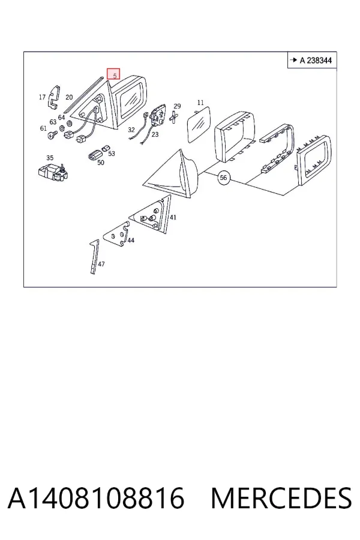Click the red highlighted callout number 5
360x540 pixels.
(x=113, y=74)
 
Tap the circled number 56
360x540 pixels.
(x=223, y=178)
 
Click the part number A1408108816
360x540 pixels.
(x=96, y=498)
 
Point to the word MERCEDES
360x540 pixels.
(x=281, y=498)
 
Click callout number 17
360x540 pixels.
(x=42, y=97)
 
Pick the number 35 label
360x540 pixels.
(x=50, y=158)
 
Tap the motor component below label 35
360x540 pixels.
(x=52, y=173)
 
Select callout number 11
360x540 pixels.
(x=200, y=103)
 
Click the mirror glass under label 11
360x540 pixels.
(x=198, y=124)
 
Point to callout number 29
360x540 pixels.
(x=177, y=106)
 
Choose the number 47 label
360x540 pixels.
(x=101, y=264)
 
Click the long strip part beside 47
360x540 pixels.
(x=94, y=257)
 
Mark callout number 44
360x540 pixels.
(x=131, y=241)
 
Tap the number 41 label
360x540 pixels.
(x=173, y=217)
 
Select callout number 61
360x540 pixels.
(x=43, y=128)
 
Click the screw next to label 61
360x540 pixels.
(x=52, y=134)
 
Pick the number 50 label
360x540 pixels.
(x=101, y=163)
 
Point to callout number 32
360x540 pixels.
(x=131, y=130)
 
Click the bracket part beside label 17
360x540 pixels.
(x=54, y=97)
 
